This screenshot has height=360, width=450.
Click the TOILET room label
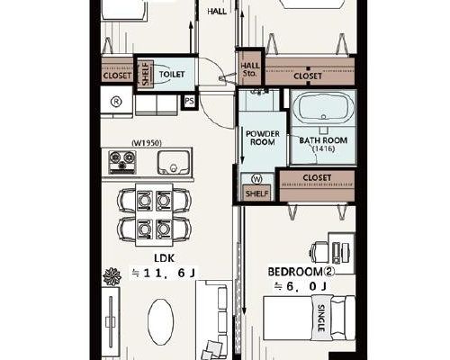pos(172,74)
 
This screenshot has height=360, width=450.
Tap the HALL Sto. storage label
pos(250,69)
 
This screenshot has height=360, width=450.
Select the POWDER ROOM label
pos(263,138)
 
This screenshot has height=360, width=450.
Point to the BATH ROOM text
pos(323,140)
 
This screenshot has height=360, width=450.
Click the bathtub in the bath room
pos(323,107)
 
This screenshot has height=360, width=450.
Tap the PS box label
pos(189,101)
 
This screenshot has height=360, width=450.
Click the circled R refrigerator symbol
pos(116,102)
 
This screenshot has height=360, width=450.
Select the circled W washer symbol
pos(256,179)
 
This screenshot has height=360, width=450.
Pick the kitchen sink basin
pos(174,162)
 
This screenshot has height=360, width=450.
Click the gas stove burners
pos(122,162)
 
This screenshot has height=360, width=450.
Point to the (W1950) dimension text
pos(147,143)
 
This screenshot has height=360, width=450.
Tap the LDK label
pos(164,258)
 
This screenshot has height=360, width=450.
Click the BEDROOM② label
pos(301,272)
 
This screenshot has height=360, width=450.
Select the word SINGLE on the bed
pos(321,318)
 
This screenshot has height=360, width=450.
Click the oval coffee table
pos(160,322)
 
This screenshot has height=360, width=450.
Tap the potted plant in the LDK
pos(112,276)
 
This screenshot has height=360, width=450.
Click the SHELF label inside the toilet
pos(146,74)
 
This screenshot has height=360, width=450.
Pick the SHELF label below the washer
pos(256,193)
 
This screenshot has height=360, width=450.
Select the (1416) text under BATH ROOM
pos(323,148)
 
